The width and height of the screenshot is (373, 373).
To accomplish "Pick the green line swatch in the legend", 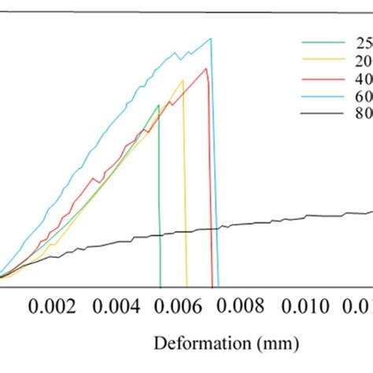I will click(323, 42).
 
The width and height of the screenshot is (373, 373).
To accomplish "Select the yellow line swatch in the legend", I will click(323, 60).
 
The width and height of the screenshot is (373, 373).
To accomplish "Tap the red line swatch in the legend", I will click(323, 78).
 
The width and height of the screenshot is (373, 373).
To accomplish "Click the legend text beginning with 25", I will click(364, 42).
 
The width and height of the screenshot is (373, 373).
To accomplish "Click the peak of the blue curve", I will click(210, 39).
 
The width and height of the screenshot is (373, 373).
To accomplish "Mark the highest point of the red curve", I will click(206, 68).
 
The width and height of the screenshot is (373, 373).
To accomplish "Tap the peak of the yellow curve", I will click(183, 79).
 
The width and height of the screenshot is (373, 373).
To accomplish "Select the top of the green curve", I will click(158, 105).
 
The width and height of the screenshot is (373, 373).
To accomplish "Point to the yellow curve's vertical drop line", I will click(185, 197).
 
